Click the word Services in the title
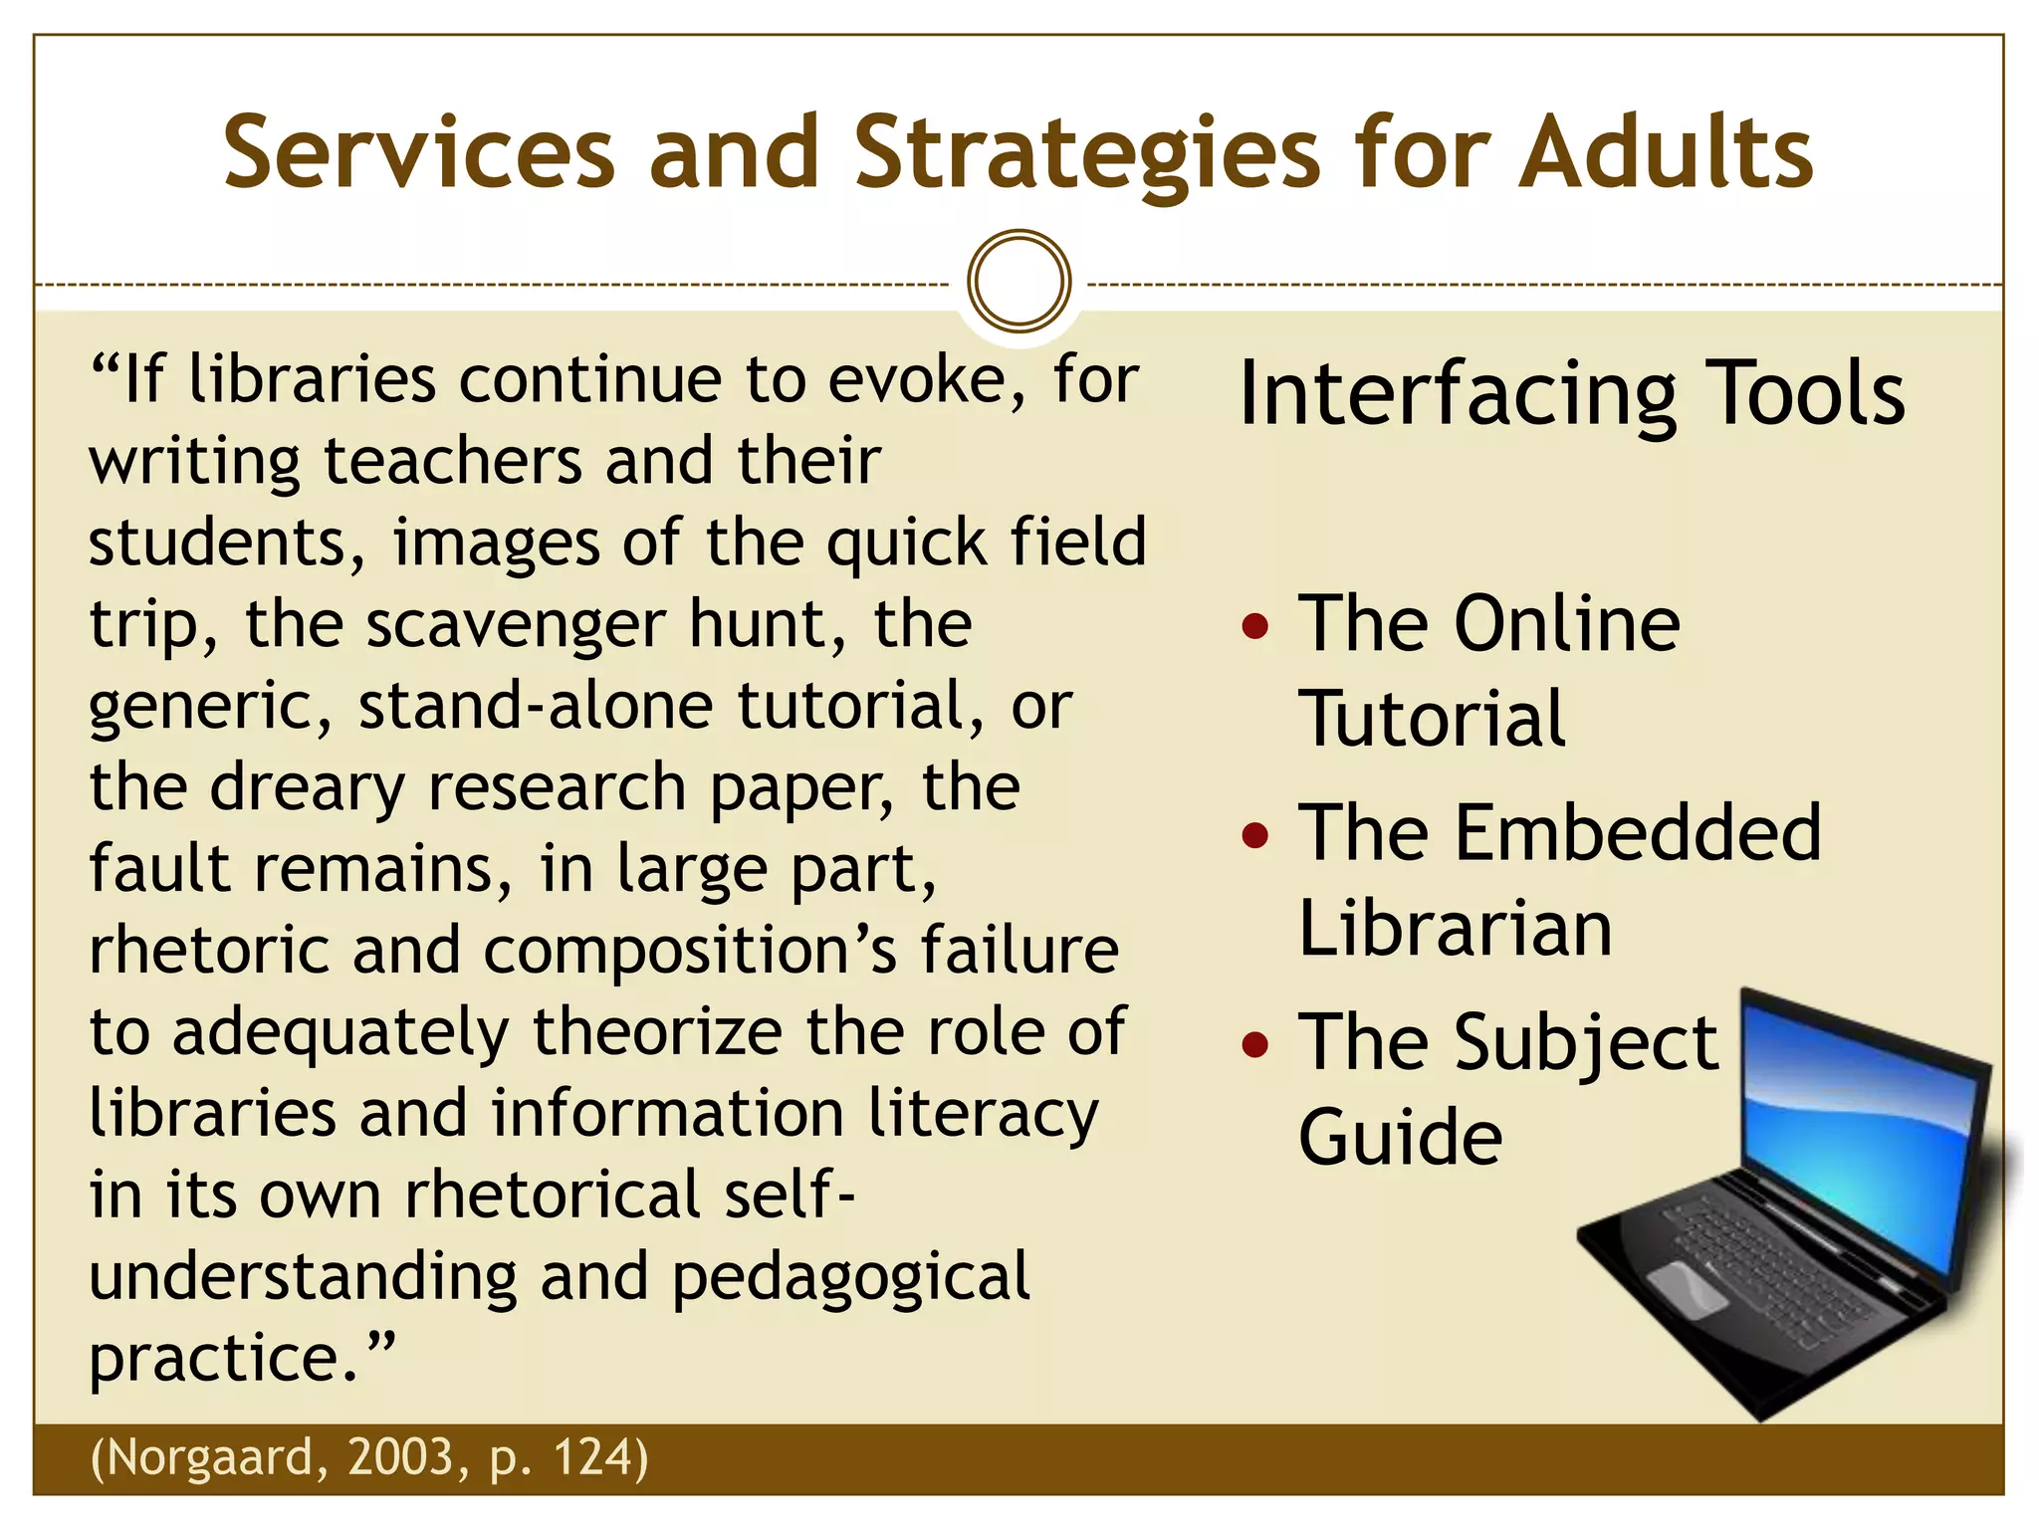pos(419,153)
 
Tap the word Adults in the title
pos(1665,153)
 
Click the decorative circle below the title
pos(1019,282)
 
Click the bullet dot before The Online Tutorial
pos(1256,627)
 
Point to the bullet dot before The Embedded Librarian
pos(1256,835)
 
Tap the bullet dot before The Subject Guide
pos(1256,1044)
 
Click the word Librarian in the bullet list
pos(1455,928)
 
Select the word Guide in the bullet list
pos(1400,1137)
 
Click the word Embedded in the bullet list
pos(1638,833)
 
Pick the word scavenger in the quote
pos(516,625)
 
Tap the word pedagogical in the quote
pos(851,1277)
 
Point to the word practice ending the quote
pos(224,1359)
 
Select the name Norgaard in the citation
pos(214,1457)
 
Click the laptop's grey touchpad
pos(1689,1287)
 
